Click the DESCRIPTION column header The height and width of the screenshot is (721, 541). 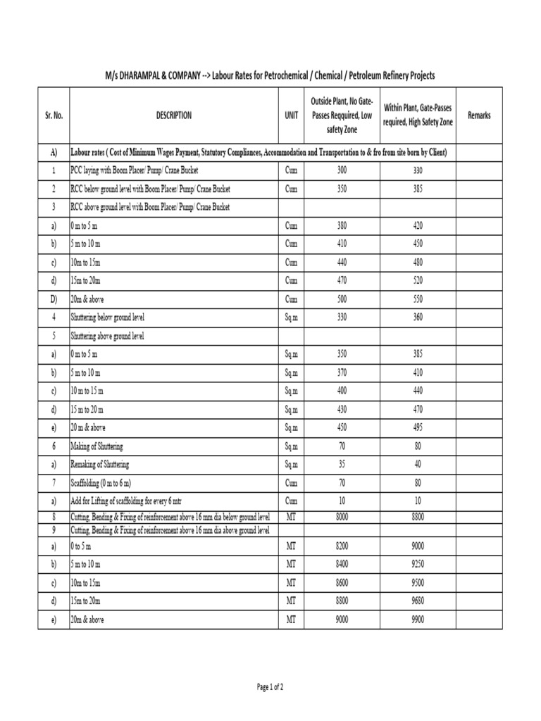(173, 115)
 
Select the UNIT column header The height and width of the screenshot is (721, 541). (292, 115)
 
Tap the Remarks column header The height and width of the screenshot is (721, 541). (479, 115)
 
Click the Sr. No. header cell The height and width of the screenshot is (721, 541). (54, 115)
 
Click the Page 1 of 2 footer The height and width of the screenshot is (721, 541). (270, 686)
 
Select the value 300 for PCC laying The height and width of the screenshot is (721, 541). (342, 170)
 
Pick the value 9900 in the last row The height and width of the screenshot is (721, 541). (418, 620)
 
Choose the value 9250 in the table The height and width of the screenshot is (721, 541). (418, 565)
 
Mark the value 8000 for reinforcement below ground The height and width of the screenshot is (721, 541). (342, 517)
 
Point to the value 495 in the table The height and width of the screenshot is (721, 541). (418, 428)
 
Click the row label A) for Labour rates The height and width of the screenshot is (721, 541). (54, 153)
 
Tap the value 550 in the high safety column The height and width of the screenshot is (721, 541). (418, 299)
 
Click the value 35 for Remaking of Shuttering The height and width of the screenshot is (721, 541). (342, 465)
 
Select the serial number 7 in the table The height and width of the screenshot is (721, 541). (54, 483)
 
